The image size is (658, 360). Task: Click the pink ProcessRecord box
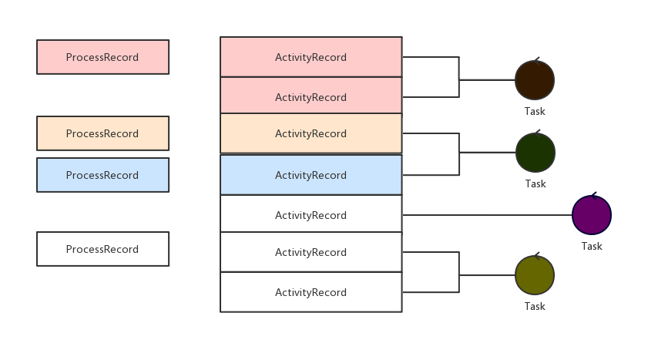[x=102, y=57]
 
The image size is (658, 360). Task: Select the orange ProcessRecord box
[x=102, y=133]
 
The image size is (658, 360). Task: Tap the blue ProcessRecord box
[x=102, y=175]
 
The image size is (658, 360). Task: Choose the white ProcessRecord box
[x=102, y=249]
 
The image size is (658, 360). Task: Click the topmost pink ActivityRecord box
[x=311, y=57]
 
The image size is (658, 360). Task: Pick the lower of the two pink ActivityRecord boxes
[x=311, y=96]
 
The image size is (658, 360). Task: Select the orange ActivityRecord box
[x=311, y=133]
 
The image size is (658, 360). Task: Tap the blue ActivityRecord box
[x=311, y=175]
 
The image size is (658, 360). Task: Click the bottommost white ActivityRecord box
[x=311, y=292]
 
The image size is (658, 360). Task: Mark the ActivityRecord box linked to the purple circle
[x=311, y=215]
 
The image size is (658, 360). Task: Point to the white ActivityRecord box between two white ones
[x=311, y=252]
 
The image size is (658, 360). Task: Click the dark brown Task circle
[x=535, y=79]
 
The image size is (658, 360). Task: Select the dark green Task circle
[x=535, y=153]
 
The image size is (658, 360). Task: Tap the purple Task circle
[x=592, y=215]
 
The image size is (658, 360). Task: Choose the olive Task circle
[x=535, y=274]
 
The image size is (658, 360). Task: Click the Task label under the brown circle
[x=535, y=111]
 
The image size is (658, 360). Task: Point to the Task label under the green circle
[x=535, y=183]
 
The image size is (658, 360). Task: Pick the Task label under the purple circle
[x=592, y=246]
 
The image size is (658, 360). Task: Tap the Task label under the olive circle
[x=535, y=306]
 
